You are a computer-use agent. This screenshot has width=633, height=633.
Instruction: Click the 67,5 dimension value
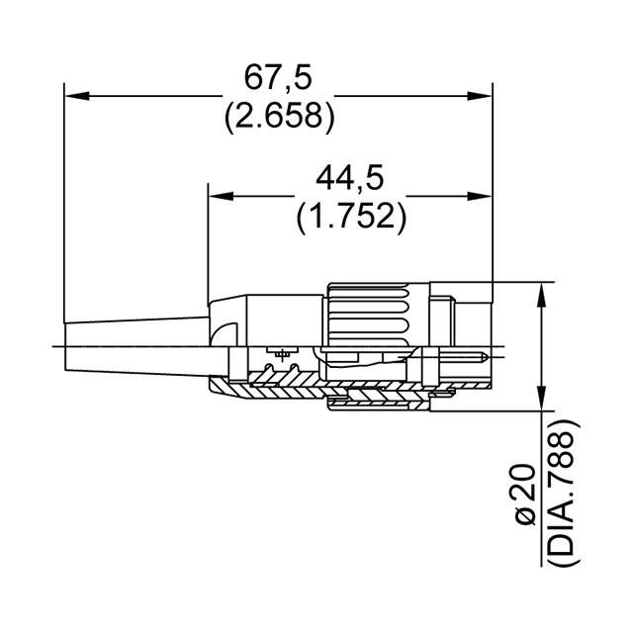point(278,77)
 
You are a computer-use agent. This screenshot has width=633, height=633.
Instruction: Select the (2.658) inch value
point(278,117)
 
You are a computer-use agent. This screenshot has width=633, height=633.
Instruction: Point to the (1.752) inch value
point(350,217)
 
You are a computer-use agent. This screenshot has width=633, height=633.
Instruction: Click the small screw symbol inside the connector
point(284,353)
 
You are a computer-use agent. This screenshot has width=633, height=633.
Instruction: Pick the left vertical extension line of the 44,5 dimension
point(209,247)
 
